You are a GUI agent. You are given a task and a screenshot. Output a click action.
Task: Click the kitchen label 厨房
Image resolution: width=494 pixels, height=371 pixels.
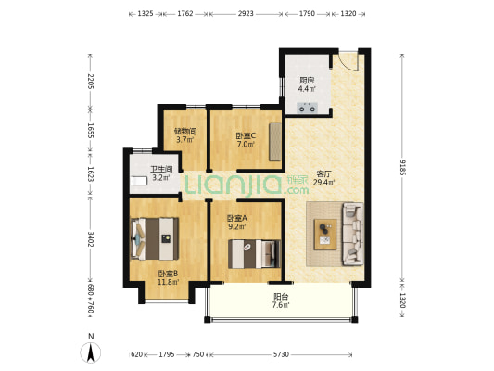[307, 81]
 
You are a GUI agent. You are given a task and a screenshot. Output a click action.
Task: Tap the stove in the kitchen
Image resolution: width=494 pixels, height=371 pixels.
[307, 108]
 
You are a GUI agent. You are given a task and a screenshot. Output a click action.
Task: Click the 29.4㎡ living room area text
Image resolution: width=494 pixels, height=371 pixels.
[323, 183]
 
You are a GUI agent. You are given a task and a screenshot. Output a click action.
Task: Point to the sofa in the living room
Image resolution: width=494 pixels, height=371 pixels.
[353, 234]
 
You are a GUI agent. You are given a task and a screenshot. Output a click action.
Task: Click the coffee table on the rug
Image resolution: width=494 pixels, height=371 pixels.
[325, 235]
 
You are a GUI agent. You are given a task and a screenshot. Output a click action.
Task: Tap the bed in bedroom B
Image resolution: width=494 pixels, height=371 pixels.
[155, 238]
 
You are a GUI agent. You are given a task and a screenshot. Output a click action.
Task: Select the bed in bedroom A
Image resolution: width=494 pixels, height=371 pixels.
[254, 254]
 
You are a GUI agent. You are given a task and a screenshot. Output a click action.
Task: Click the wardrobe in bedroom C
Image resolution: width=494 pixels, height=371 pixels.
[275, 142]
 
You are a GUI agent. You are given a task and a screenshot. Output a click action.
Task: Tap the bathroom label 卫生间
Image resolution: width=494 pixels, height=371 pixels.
[161, 170]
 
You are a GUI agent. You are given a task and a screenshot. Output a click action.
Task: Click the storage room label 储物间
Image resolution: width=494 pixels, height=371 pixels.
[185, 131]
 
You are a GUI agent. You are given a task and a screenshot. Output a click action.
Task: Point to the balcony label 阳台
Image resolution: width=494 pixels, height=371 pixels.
[281, 297]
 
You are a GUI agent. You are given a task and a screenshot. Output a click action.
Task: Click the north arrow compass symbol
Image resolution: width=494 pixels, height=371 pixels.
[91, 352]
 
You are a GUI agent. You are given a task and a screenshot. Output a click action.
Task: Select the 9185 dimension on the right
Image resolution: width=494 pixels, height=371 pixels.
[402, 167]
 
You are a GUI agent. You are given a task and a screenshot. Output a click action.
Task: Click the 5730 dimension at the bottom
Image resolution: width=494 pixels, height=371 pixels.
[281, 354]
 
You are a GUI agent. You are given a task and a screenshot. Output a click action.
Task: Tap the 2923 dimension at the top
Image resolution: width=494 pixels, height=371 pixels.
[246, 13]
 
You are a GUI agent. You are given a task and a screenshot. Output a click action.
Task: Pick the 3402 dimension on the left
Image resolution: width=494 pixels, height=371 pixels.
[91, 239]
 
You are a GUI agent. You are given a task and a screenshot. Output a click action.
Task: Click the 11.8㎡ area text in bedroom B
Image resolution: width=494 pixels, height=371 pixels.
[169, 282]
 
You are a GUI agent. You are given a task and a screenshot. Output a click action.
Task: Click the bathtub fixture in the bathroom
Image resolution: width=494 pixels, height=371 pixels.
[139, 182]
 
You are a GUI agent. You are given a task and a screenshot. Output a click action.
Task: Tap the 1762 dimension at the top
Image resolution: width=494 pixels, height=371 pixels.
[185, 13]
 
